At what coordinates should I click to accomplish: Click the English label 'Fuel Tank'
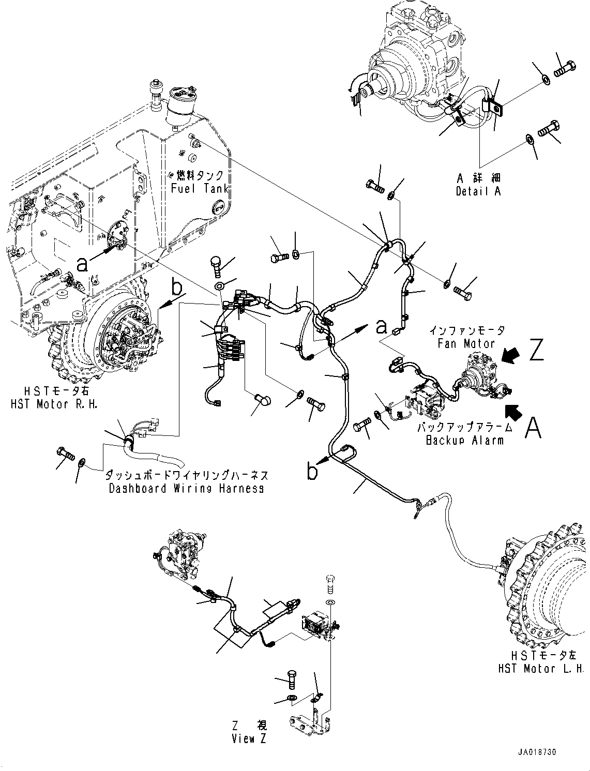point(200,188)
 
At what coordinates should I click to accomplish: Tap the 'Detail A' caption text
point(478,191)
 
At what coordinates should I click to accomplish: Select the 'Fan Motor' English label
point(466,343)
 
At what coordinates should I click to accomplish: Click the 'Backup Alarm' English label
point(464,440)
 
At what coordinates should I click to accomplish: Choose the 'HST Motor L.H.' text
point(540,669)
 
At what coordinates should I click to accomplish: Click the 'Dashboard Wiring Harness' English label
point(186,488)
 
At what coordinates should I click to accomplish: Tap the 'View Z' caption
point(249,738)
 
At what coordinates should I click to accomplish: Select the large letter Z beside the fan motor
point(536,350)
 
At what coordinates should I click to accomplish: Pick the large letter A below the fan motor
point(534,428)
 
